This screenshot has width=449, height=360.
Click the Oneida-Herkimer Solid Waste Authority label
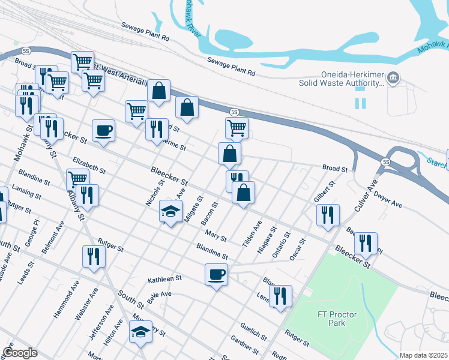(x=341, y=79)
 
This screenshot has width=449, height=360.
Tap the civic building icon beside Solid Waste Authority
(x=393, y=77)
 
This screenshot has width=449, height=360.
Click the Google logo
(x=19, y=352)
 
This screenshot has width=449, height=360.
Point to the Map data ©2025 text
(x=424, y=355)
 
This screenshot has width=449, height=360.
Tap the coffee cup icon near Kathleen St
(x=216, y=275)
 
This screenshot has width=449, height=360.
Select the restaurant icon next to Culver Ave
(x=328, y=215)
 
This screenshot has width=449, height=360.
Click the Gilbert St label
(x=323, y=193)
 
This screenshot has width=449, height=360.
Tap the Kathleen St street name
(x=164, y=279)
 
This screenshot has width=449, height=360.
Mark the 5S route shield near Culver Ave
(x=386, y=161)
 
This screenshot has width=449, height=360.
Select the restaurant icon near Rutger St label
(x=94, y=256)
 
